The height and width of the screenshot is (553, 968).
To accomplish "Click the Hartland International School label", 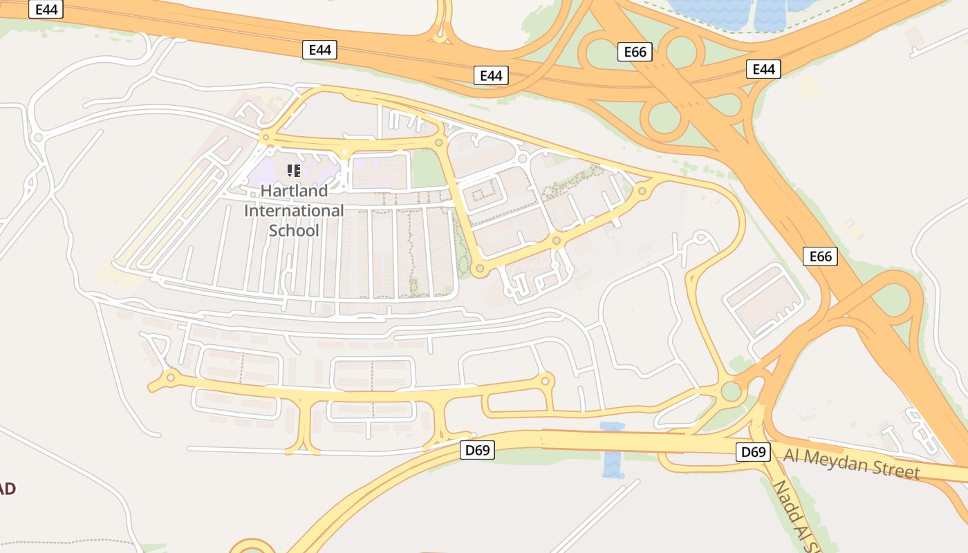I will (x=294, y=210).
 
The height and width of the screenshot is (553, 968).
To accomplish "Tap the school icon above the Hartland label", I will (x=293, y=170).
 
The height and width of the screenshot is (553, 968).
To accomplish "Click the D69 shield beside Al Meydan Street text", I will (x=753, y=452).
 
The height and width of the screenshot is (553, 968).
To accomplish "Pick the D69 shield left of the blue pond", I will (x=477, y=450).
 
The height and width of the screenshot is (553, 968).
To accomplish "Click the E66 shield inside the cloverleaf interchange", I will (x=634, y=52).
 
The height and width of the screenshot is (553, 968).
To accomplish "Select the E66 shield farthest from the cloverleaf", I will (x=820, y=256).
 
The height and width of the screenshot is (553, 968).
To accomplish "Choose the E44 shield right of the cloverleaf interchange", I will (x=763, y=68).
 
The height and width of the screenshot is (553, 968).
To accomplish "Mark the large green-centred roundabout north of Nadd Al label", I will (x=731, y=391).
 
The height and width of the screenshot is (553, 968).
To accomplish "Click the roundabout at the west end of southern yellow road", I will (x=169, y=377).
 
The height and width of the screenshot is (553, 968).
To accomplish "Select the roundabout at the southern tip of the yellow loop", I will (x=478, y=268).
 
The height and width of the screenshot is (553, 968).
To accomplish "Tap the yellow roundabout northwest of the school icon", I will (x=265, y=138).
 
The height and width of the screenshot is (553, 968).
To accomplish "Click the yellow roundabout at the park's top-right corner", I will (x=440, y=142).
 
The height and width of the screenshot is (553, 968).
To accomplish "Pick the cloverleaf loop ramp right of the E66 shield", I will (x=681, y=50).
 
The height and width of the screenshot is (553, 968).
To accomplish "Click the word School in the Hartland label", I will (x=294, y=230).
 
